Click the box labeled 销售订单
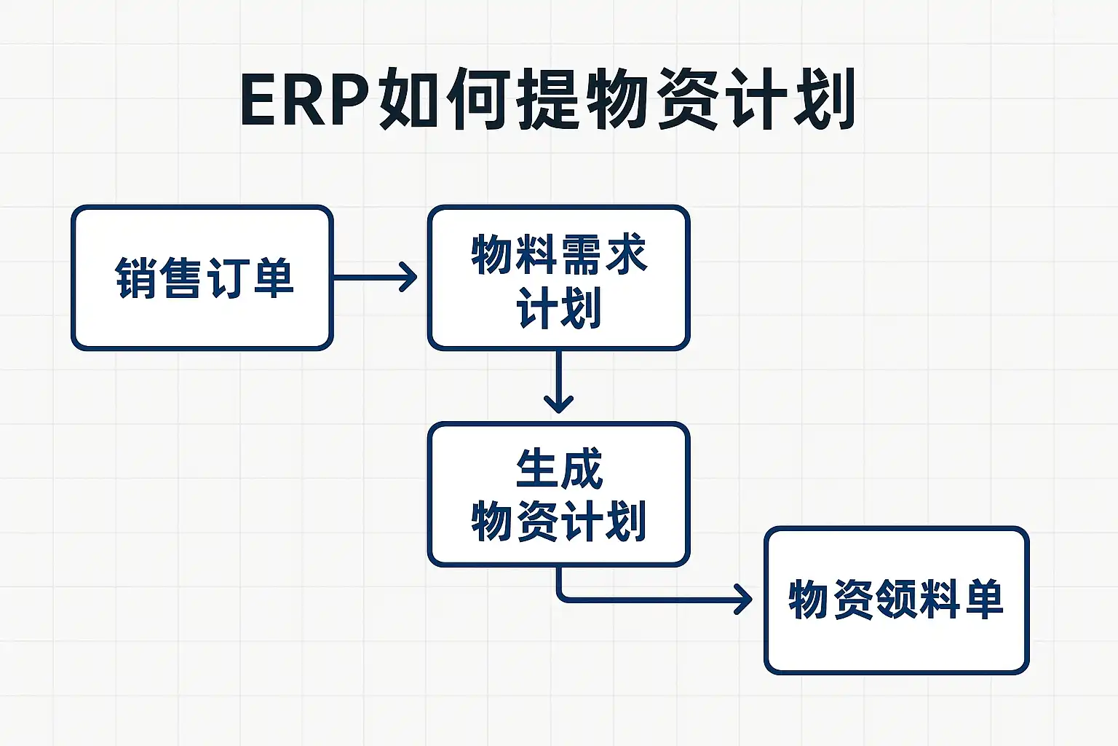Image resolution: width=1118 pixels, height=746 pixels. click(202, 278)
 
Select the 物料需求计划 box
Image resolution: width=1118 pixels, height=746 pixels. click(558, 278)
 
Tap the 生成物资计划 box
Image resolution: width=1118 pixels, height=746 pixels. click(558, 494)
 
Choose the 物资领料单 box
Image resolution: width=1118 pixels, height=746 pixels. click(896, 600)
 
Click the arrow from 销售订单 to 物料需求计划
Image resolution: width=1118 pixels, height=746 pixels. click(375, 278)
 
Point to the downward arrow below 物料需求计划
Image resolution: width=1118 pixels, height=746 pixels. click(558, 382)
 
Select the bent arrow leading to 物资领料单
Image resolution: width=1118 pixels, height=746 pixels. click(655, 600)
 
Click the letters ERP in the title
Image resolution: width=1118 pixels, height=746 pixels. click(304, 100)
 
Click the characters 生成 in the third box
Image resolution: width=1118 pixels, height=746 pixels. click(559, 469)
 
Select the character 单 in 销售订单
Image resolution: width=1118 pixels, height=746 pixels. click(272, 278)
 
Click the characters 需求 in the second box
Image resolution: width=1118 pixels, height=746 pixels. click(603, 255)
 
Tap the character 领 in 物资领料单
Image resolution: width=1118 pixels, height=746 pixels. click(896, 600)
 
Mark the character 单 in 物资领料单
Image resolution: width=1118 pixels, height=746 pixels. click(983, 600)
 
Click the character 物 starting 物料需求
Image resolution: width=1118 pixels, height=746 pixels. click(492, 255)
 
